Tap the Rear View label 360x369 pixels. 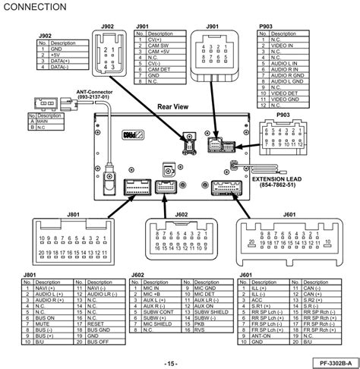tap(172, 109)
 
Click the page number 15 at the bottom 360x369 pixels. tap(172, 362)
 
